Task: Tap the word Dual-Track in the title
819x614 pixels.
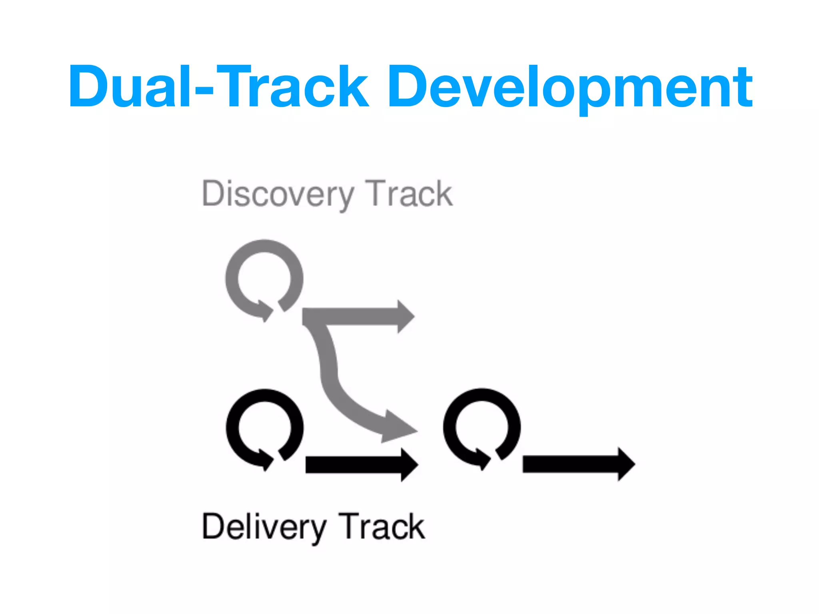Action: pyautogui.click(x=218, y=87)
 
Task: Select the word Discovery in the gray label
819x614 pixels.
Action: pyautogui.click(x=278, y=195)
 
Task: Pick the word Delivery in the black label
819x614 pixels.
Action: pyautogui.click(x=264, y=527)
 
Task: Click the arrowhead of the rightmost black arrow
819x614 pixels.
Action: pyautogui.click(x=626, y=464)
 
